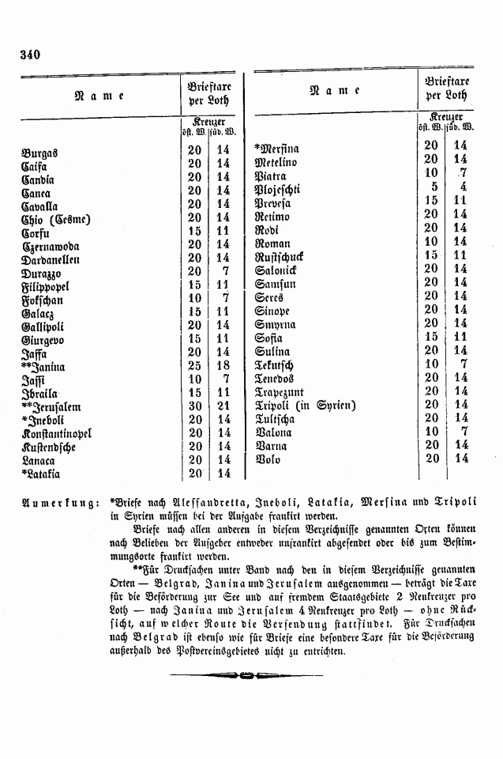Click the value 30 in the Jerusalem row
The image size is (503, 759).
tap(194, 406)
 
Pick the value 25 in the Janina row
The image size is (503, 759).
tap(194, 366)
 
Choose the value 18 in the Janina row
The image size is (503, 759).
tap(223, 366)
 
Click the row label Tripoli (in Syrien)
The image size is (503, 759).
tap(305, 406)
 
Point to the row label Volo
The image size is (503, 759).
tap(268, 459)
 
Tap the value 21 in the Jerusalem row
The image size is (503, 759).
tap(223, 406)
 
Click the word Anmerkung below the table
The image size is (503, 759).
tap(59, 502)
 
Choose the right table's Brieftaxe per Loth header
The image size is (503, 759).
tap(447, 88)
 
